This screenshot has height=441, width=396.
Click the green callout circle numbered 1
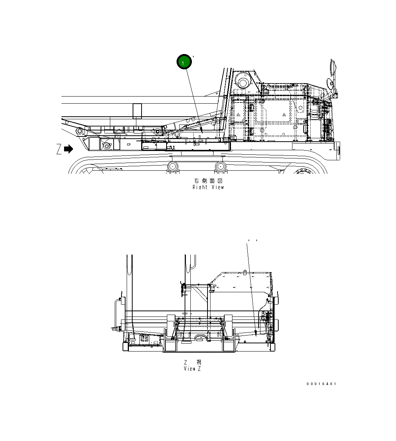coord(184,62)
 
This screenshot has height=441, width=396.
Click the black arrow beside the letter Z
coord(69,149)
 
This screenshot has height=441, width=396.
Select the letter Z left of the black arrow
coord(59,149)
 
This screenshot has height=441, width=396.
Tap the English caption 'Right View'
coord(208,187)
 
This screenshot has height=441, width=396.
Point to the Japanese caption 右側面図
coord(208,180)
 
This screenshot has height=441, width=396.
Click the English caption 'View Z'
coord(192,369)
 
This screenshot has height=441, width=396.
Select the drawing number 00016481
coord(321,384)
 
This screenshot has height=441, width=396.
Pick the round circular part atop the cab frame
coord(243,82)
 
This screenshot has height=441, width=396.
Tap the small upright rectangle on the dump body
coord(137,111)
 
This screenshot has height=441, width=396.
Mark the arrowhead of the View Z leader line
coord(256,332)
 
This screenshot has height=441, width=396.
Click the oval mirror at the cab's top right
coord(332,68)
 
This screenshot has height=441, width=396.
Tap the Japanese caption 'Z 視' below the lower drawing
coord(192,362)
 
